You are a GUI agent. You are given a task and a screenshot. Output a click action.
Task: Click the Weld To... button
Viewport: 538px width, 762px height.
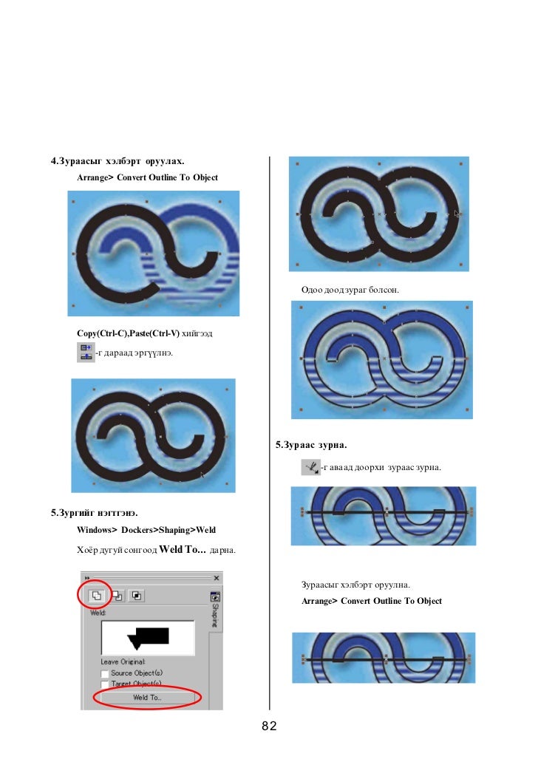[x=147, y=697]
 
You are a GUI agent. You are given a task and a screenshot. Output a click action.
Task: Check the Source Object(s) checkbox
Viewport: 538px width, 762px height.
[x=105, y=673]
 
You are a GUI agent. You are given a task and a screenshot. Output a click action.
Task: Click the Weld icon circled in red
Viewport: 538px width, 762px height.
[x=96, y=595]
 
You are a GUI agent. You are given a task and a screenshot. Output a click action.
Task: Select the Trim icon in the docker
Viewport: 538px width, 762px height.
[x=117, y=595]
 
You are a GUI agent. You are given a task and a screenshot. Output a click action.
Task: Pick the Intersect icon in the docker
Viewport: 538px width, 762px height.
[x=137, y=595]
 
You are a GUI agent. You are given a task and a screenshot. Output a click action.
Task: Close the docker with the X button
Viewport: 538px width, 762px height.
[x=217, y=577]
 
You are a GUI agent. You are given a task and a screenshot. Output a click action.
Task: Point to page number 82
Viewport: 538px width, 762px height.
[x=269, y=727]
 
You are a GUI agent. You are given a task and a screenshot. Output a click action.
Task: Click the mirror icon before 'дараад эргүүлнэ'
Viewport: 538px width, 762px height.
[x=85, y=352]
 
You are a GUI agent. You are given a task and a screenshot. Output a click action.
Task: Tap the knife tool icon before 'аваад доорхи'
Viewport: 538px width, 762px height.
[x=310, y=466]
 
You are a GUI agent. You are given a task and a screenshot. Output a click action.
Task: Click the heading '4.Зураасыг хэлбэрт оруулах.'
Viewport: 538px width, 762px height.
[x=117, y=160]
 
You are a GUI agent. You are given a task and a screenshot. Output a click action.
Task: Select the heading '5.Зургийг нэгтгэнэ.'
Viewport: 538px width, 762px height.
[x=94, y=512]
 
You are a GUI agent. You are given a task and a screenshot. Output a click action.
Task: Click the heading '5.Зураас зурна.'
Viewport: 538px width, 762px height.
[x=311, y=445]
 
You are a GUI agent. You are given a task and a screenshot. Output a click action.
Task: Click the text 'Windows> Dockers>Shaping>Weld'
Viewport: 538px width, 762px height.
[x=146, y=530]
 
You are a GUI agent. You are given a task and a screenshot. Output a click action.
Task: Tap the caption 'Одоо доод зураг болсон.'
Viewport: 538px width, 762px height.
[x=350, y=290]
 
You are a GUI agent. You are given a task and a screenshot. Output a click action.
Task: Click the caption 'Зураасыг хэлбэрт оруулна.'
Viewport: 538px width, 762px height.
[x=355, y=585]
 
